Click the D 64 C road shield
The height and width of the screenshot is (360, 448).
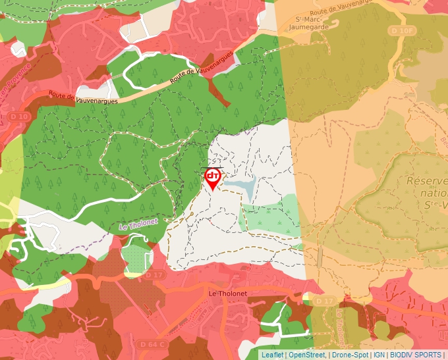click(152, 344)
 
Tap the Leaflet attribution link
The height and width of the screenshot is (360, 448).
click(272, 355)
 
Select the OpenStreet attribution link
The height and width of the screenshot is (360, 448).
click(307, 355)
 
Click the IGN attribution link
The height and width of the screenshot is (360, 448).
click(379, 355)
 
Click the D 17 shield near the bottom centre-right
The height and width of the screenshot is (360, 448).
click(324, 301)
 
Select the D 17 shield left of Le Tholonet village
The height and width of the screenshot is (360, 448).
click(153, 274)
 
